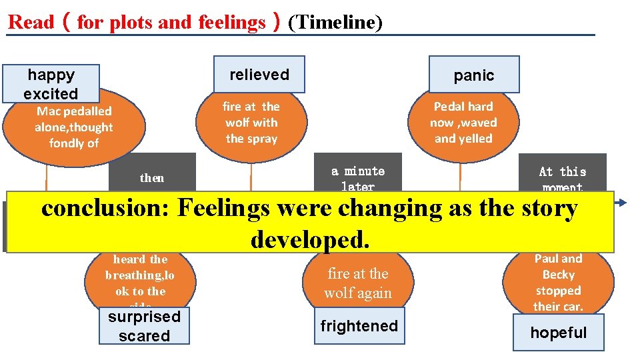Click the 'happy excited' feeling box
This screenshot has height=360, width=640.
tap(51, 84)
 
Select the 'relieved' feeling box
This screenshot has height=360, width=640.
tap(259, 75)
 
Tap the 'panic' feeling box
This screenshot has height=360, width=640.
tap(473, 75)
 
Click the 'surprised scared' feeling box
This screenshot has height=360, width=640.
tap(144, 326)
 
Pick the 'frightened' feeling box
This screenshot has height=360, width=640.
tap(359, 326)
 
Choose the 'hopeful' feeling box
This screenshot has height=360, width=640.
tap(558, 333)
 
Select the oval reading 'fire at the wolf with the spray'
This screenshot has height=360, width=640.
tap(251, 123)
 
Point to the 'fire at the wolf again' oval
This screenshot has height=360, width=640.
tap(358, 283)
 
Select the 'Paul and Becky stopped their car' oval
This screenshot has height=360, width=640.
tap(558, 282)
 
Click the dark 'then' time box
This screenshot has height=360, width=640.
tap(152, 177)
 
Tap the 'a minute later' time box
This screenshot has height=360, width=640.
tap(358, 178)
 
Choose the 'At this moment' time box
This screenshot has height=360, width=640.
tap(563, 178)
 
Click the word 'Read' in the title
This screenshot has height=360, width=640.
tap(31, 23)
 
